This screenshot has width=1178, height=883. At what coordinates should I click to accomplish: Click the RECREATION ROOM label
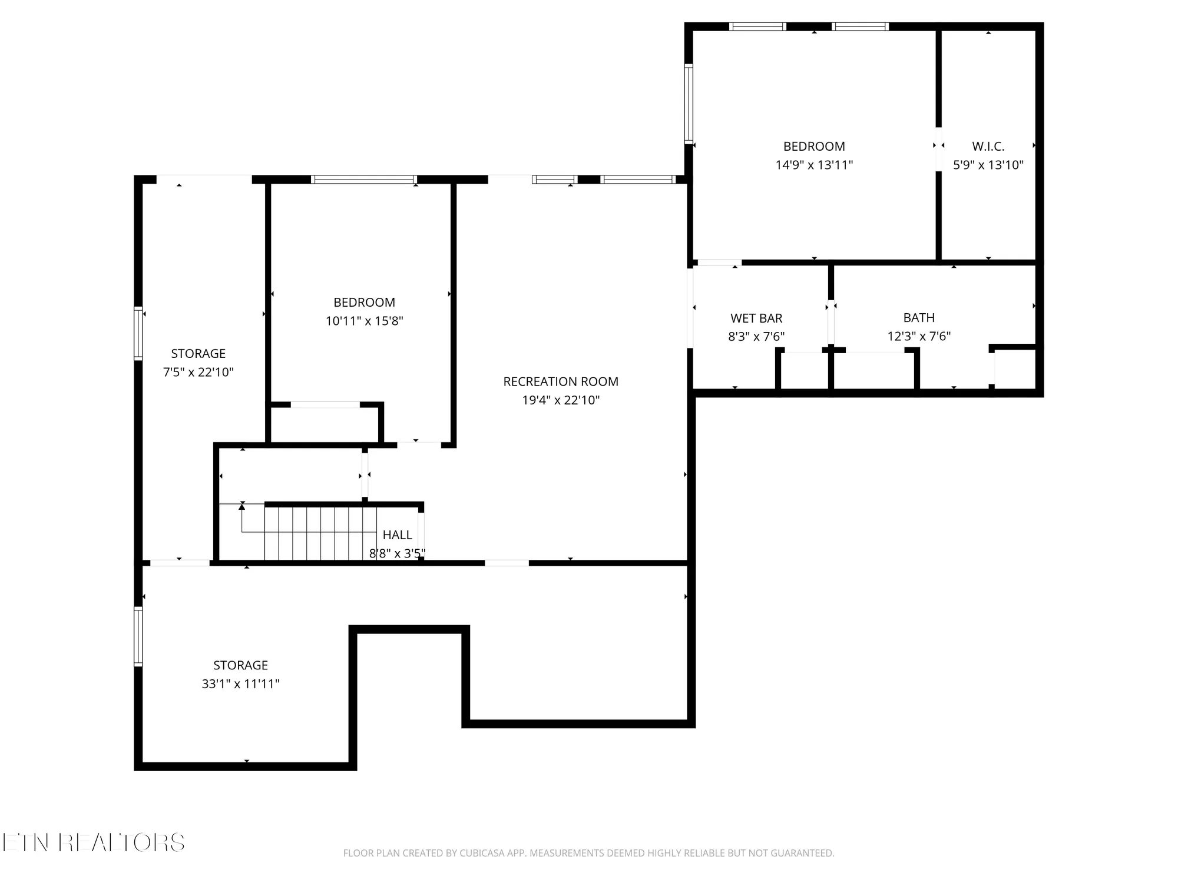(x=561, y=381)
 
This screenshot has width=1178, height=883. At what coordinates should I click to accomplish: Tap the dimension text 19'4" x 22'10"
(x=561, y=400)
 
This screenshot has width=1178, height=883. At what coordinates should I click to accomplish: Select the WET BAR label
(x=756, y=318)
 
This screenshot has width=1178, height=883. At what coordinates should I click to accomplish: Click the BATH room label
(x=919, y=318)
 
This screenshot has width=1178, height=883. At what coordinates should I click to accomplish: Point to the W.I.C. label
(x=988, y=146)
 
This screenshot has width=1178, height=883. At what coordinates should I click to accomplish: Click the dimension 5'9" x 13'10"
(x=988, y=165)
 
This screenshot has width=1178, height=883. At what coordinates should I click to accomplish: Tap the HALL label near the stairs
(x=398, y=535)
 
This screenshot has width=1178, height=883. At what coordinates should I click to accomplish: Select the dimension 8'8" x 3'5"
(x=397, y=553)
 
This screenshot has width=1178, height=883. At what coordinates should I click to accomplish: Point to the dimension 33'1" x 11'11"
(x=240, y=683)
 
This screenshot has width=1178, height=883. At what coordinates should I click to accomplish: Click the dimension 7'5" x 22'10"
(x=198, y=372)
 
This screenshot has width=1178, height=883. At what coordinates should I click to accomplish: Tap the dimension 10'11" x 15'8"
(x=364, y=321)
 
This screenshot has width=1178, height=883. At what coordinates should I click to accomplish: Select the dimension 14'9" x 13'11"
(x=814, y=165)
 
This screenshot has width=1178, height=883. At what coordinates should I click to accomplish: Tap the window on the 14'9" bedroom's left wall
(x=688, y=104)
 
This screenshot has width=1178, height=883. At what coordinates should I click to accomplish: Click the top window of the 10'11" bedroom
(x=363, y=180)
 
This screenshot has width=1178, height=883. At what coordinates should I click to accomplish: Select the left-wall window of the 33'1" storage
(x=138, y=636)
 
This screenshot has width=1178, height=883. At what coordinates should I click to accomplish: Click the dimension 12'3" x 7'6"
(x=919, y=336)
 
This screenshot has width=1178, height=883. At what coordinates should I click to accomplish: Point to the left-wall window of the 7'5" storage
(x=138, y=333)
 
